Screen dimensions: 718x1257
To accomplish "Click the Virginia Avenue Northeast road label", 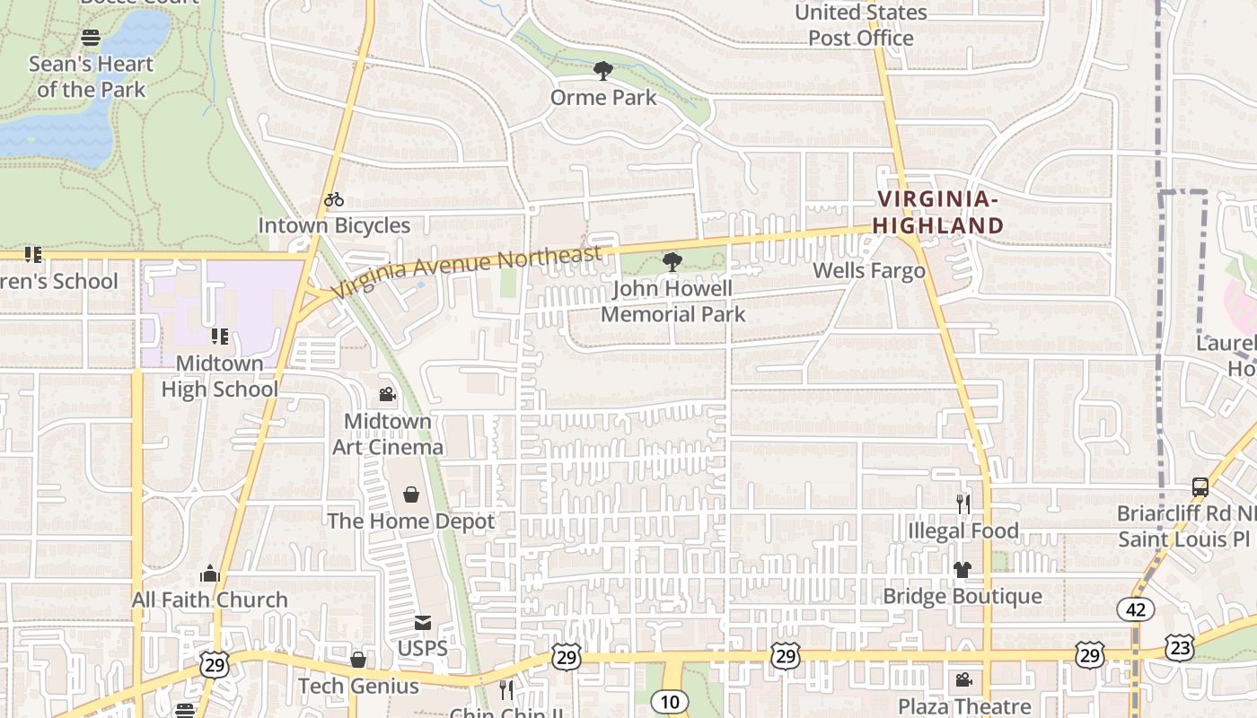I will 466,272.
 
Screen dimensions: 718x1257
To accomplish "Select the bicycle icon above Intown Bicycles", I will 334,199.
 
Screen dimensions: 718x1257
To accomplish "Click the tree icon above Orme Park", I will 603,70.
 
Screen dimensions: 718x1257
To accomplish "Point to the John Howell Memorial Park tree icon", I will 672,262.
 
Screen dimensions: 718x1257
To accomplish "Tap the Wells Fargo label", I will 868,271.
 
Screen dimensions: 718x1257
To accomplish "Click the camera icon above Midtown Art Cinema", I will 388,394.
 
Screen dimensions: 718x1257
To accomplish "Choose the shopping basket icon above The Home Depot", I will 411,495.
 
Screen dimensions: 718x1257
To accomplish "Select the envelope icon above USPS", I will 422,622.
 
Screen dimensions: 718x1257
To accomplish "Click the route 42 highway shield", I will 1136,609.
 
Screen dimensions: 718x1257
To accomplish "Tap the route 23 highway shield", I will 1181,646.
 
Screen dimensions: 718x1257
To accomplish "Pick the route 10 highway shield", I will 670,701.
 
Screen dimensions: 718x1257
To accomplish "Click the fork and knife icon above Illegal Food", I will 963,503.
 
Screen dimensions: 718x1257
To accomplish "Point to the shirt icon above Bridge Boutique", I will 963,570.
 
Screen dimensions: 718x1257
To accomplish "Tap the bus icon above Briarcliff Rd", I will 1200,487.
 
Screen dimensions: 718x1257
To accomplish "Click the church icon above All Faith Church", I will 210,574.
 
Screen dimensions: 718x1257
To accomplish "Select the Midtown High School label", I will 219,376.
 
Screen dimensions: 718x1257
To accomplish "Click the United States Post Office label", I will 860,25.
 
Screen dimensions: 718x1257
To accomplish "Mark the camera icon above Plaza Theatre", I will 963,680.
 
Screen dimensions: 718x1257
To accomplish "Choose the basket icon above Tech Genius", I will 358,661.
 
